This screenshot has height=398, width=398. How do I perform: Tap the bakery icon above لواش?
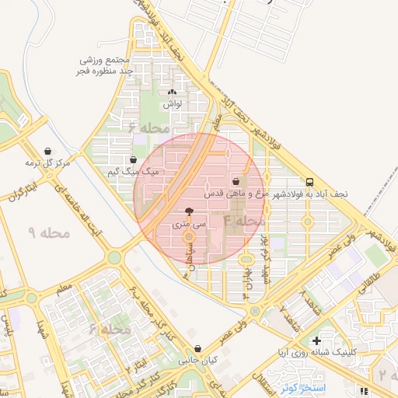[172, 91]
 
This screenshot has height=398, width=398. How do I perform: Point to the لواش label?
[172, 103]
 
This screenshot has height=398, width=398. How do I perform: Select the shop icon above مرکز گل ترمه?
[49, 151]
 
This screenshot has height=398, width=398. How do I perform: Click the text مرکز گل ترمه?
[47, 163]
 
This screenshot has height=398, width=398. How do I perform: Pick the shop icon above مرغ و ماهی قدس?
[236, 180]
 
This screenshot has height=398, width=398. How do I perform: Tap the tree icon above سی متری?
[189, 211]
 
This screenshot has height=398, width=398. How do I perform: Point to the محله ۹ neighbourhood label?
[48, 232]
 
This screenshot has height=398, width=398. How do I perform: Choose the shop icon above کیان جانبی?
[200, 349]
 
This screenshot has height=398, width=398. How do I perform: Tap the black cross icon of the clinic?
[316, 340]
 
